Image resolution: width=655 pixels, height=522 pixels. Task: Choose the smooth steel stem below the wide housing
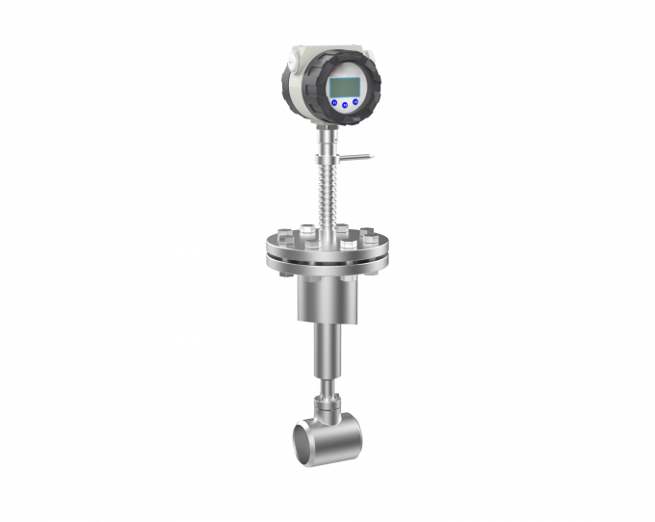[327, 352]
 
